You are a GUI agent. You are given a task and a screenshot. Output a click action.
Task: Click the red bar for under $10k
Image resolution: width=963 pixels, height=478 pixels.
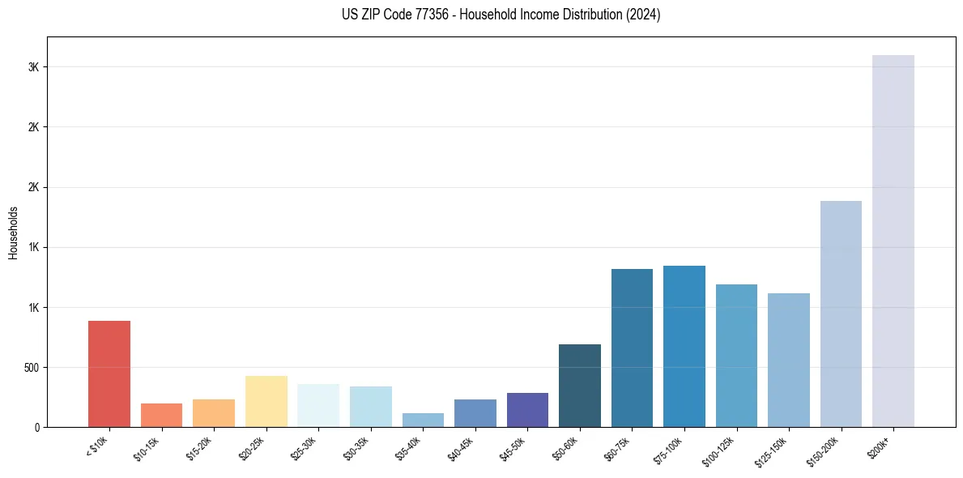pos(109,373)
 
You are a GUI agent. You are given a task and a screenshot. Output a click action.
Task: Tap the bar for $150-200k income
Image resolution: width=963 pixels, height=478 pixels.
pos(841,314)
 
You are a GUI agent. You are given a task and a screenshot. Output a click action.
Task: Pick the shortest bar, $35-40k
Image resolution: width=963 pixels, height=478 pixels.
pos(423,420)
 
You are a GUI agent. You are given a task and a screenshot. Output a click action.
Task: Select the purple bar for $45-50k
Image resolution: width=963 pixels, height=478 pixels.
pos(527,410)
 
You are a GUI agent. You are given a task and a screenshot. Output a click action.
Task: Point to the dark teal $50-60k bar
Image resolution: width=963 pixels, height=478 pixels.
pos(580,386)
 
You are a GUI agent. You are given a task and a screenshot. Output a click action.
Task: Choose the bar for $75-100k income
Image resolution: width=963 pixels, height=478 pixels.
pos(684,346)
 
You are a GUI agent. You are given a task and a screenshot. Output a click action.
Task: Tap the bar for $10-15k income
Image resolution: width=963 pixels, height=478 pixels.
pos(161,415)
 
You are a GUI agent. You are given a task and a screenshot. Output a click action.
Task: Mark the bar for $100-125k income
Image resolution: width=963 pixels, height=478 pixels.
pos(736,356)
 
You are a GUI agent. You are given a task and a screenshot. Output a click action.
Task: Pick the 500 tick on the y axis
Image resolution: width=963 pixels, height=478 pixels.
pos(30,368)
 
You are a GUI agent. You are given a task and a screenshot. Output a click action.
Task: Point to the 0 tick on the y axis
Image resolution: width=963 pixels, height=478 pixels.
pos(37,428)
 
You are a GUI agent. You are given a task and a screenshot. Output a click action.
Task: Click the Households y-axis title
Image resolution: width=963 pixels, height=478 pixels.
pos(14,233)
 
